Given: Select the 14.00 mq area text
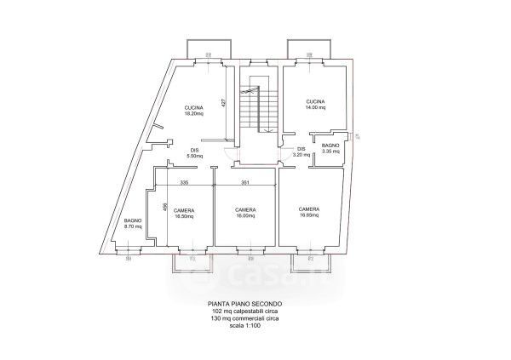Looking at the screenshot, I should click(316, 108).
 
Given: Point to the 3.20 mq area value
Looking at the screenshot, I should click(299, 155).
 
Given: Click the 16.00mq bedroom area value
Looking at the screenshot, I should click(246, 216).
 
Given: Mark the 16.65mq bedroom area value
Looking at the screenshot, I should click(309, 214).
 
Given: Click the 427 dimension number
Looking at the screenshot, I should click(224, 102).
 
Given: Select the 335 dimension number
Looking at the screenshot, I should click(183, 183).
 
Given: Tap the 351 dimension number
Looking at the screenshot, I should click(245, 183).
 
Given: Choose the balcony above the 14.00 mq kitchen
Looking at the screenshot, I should click(305, 47).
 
